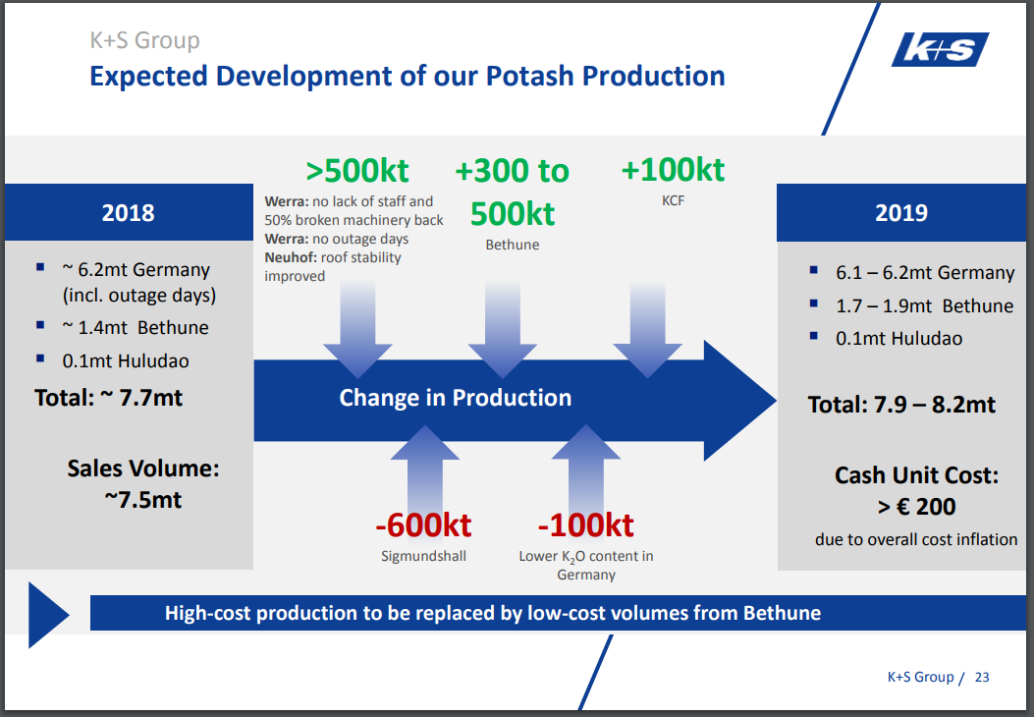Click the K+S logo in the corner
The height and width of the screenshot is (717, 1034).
pyautogui.click(x=941, y=49)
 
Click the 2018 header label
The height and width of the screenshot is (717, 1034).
pyautogui.click(x=128, y=213)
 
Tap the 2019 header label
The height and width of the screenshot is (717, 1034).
pyautogui.click(x=900, y=213)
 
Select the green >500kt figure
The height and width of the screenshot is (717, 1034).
pyautogui.click(x=357, y=171)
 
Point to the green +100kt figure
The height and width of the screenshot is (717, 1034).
pyautogui.click(x=673, y=170)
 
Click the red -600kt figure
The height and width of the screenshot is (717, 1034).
pyautogui.click(x=423, y=525)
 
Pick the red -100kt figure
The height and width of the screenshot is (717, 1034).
pyautogui.click(x=585, y=525)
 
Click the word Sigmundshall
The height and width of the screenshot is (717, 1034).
pyautogui.click(x=423, y=556)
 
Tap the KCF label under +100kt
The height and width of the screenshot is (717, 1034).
pyautogui.click(x=674, y=200)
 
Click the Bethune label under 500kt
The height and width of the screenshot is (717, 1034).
pyautogui.click(x=513, y=245)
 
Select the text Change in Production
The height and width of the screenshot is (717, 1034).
pyautogui.click(x=455, y=398)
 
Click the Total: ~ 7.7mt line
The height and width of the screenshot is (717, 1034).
pyautogui.click(x=109, y=398)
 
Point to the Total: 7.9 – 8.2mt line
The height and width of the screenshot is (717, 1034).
pyautogui.click(x=901, y=405)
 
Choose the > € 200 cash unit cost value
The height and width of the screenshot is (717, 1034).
pyautogui.click(x=916, y=507)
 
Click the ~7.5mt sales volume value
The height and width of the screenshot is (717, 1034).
pyautogui.click(x=143, y=500)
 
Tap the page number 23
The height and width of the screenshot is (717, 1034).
pyautogui.click(x=982, y=678)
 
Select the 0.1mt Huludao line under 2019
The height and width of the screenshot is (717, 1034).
pyautogui.click(x=898, y=339)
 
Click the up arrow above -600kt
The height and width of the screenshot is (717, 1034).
pyautogui.click(x=424, y=467)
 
